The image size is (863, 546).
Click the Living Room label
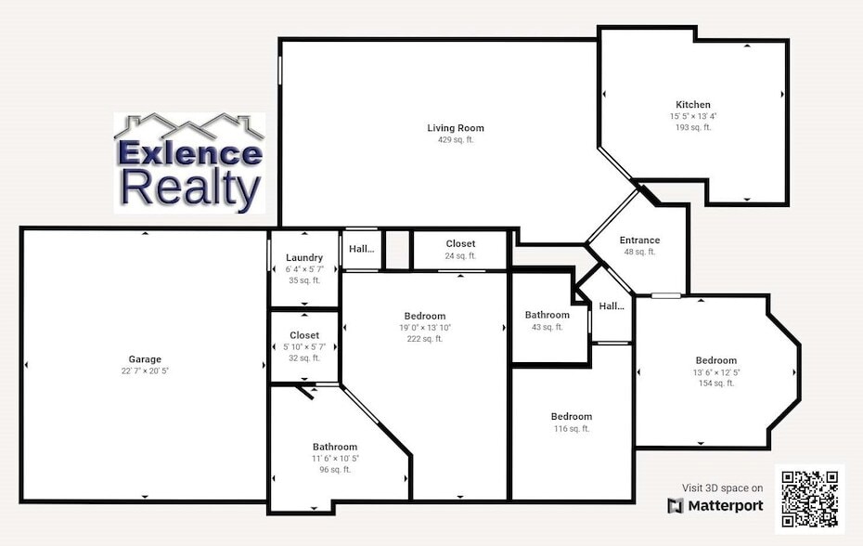(x=456, y=128)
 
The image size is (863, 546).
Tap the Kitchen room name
(x=693, y=105)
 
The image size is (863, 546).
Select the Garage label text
(x=145, y=359)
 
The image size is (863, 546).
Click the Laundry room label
(x=304, y=257)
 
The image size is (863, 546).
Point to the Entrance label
(x=639, y=240)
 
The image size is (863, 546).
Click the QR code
(x=810, y=499)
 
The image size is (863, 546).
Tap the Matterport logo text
(x=715, y=506)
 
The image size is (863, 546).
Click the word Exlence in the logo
(x=188, y=152)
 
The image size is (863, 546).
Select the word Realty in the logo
(x=190, y=188)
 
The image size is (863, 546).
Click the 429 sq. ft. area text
(x=456, y=140)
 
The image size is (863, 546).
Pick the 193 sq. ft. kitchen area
(x=693, y=127)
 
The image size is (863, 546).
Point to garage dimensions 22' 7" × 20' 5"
(x=145, y=370)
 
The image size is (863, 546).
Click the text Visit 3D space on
(x=723, y=487)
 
